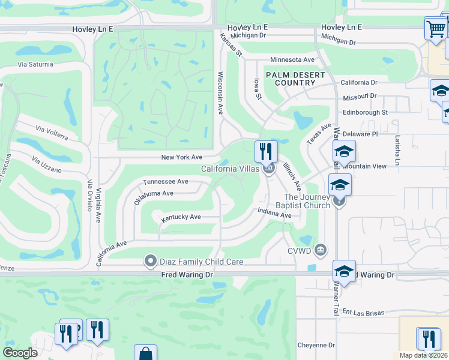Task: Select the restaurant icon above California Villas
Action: (266, 151)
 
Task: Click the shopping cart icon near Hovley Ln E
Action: (435, 28)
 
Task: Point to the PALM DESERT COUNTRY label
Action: (295, 79)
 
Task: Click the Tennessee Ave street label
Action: (166, 181)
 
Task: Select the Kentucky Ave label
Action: (181, 217)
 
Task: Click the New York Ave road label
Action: (182, 157)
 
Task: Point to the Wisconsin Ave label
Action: (220, 93)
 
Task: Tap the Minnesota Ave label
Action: (292, 60)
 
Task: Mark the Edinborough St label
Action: (365, 112)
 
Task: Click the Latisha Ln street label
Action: (397, 150)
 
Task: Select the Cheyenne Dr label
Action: (316, 345)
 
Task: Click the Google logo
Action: (20, 353)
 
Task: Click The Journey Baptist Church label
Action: (307, 201)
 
